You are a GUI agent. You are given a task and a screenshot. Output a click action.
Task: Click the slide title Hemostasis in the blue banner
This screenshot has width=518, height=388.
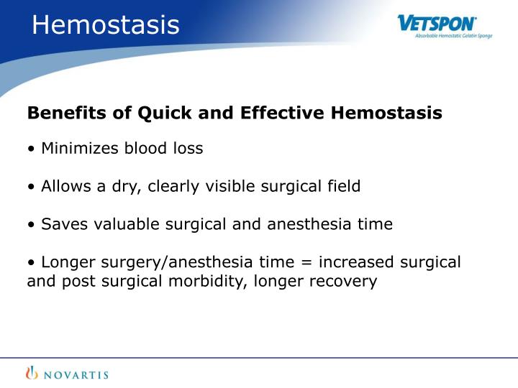106,25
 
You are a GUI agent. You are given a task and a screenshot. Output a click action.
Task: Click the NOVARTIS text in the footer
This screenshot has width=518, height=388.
73,373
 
